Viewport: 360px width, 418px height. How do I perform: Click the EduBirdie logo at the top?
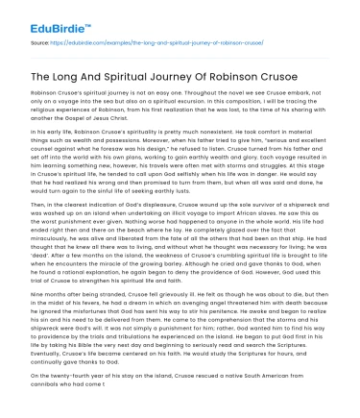click(41, 17)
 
